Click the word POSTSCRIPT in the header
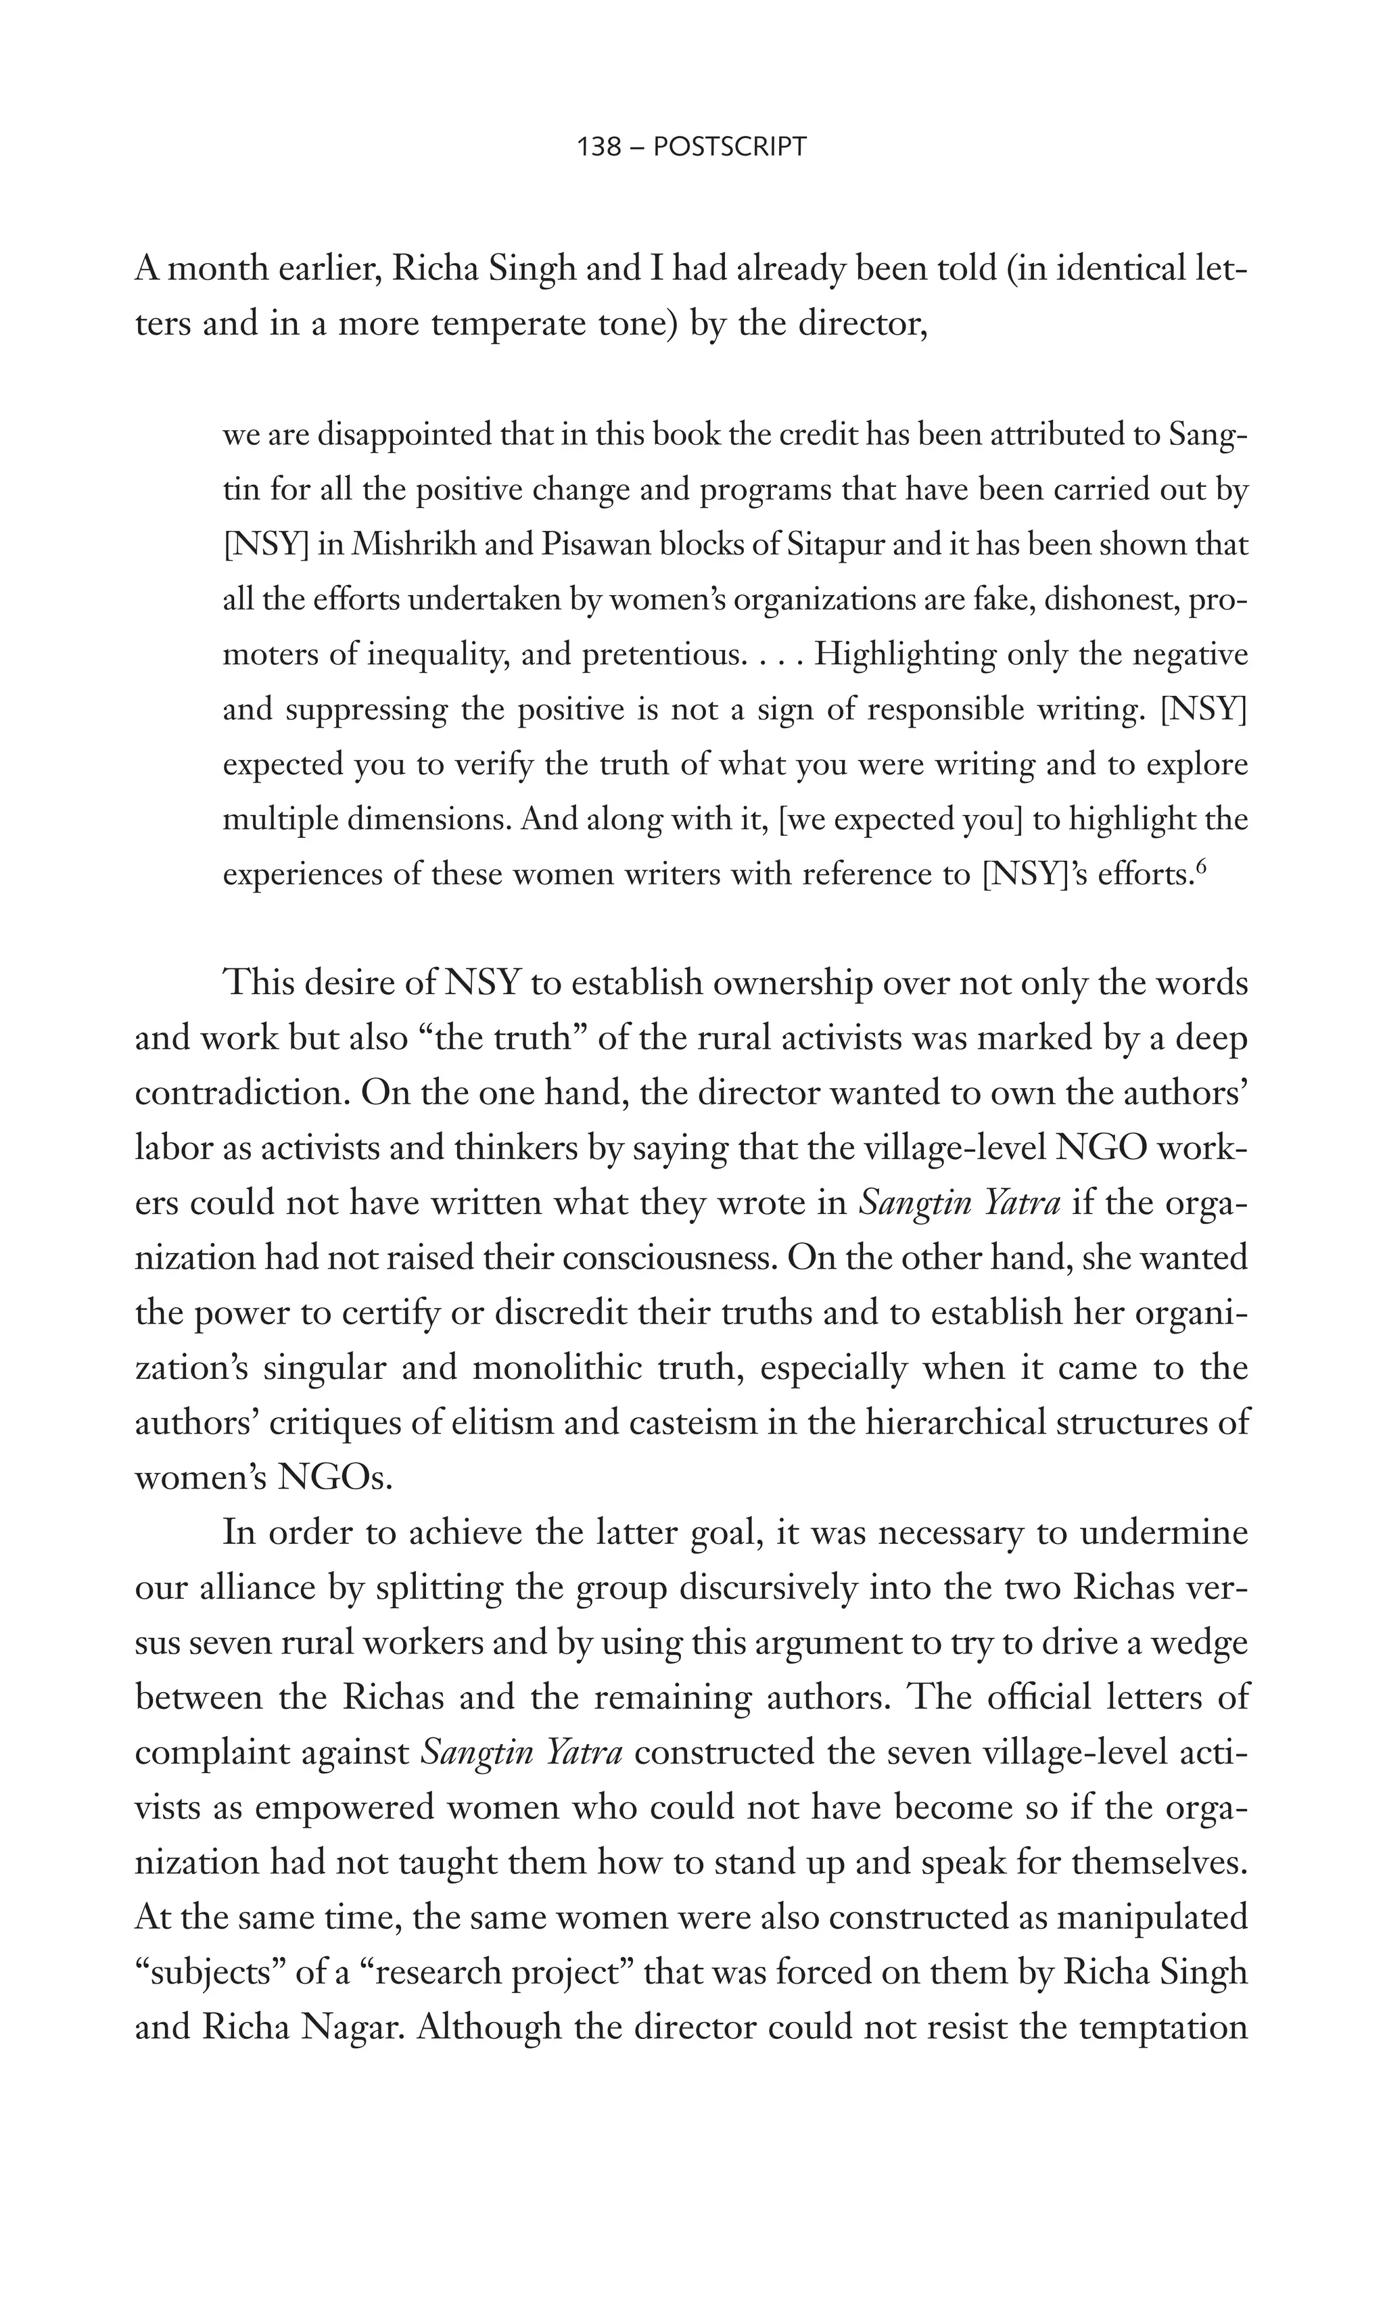click(730, 147)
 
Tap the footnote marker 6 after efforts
click(1202, 867)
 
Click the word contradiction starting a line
click(241, 1093)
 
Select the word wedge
click(1200, 1643)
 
